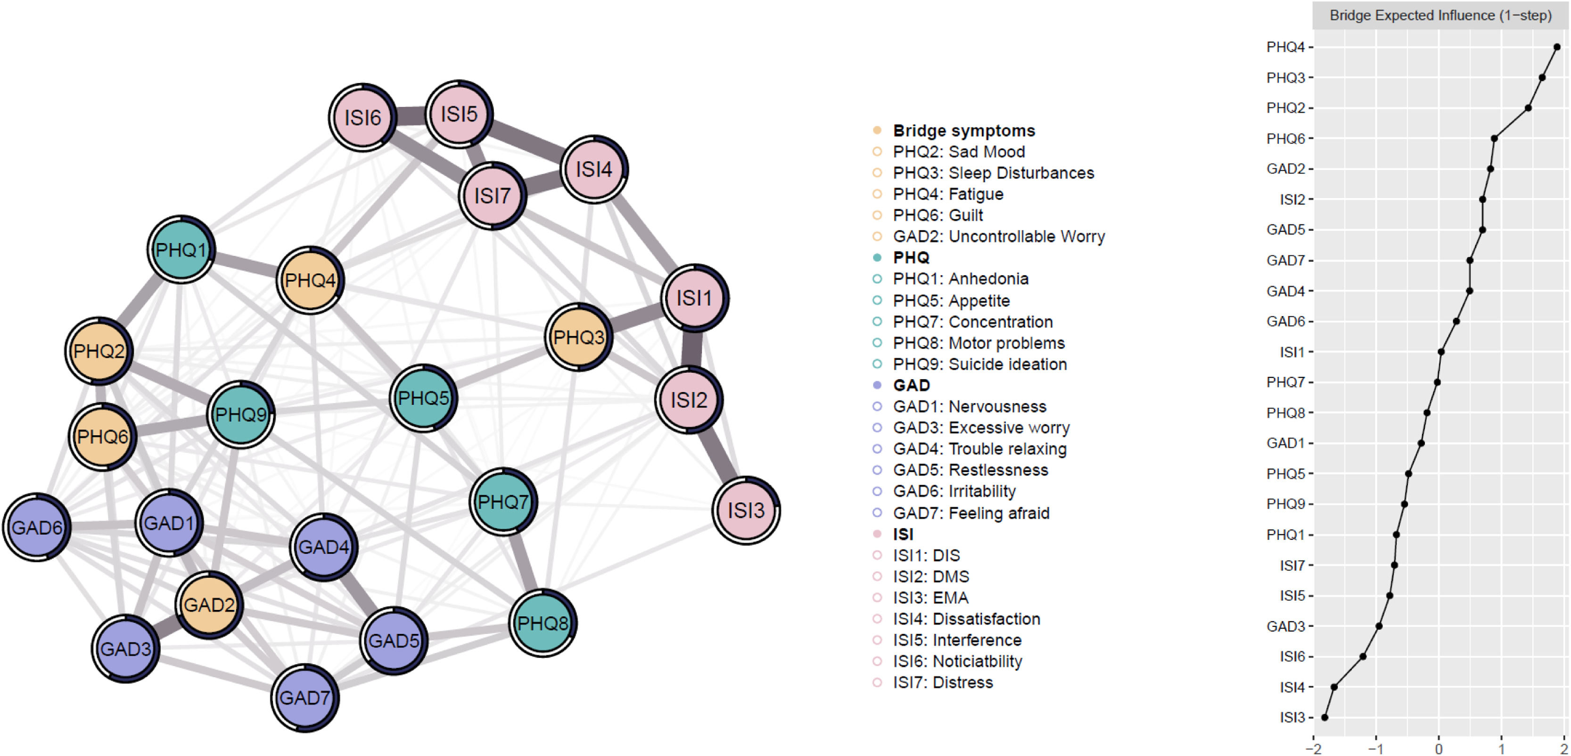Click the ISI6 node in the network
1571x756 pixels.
(x=362, y=117)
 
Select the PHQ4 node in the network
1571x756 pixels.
(x=310, y=280)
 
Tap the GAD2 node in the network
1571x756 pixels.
(x=209, y=605)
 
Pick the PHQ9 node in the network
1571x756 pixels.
(x=241, y=415)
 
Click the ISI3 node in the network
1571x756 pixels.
(x=746, y=510)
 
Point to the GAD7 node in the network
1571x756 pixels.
(x=304, y=698)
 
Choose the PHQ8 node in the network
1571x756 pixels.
(x=542, y=623)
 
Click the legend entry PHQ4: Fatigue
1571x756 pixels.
(x=948, y=194)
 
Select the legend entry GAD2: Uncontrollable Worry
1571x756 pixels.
(x=998, y=236)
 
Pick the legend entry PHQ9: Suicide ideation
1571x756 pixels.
(x=979, y=364)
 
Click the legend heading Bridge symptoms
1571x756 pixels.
(x=963, y=130)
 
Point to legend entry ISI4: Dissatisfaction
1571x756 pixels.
(x=966, y=619)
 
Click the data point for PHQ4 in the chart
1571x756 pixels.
(x=1557, y=47)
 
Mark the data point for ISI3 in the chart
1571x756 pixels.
(x=1324, y=717)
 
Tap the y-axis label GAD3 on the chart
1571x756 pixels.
(x=1285, y=626)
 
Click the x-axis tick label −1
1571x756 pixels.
(x=1375, y=748)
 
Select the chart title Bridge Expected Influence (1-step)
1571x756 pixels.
(x=1440, y=15)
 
